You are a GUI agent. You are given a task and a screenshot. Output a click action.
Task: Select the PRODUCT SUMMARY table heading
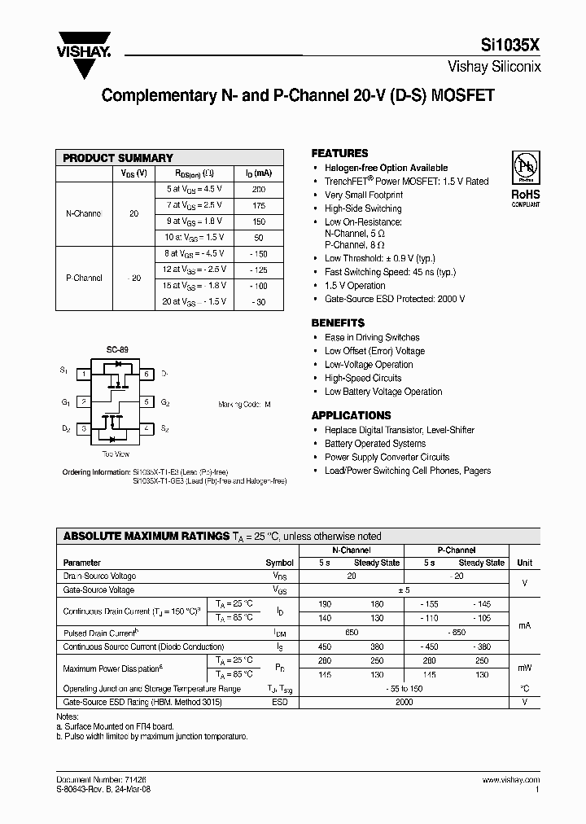[118, 158]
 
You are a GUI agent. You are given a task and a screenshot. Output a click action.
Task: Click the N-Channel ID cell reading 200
[259, 189]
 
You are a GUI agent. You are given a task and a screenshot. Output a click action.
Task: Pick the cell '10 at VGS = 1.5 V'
[194, 237]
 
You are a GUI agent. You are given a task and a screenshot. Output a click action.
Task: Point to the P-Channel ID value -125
[259, 269]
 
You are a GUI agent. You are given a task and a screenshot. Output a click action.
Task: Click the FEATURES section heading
[339, 153]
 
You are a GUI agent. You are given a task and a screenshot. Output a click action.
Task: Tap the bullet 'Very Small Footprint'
[363, 195]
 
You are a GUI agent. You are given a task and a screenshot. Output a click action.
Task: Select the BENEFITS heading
[338, 322]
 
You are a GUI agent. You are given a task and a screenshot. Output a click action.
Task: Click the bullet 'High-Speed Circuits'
[363, 378]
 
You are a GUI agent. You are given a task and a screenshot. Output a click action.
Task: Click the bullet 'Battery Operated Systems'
[375, 444]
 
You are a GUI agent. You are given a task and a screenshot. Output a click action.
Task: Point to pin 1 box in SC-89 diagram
[84, 375]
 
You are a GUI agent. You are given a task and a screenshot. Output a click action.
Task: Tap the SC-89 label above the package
[117, 349]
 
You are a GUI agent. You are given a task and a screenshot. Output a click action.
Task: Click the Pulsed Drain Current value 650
[352, 633]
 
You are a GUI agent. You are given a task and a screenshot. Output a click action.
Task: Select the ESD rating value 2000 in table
[404, 701]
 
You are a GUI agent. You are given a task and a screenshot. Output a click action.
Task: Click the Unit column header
[525, 563]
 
